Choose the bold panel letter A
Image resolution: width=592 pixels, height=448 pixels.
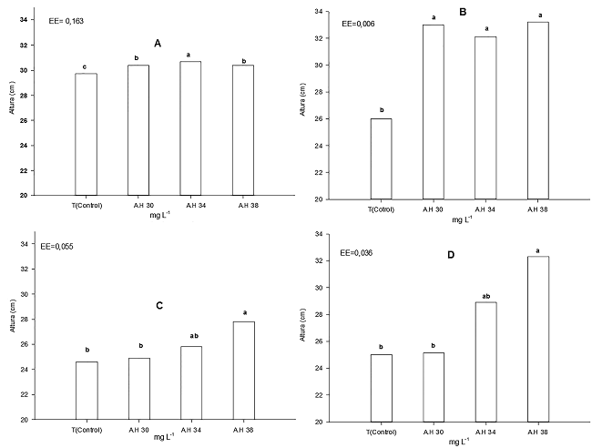pyautogui.click(x=158, y=43)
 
